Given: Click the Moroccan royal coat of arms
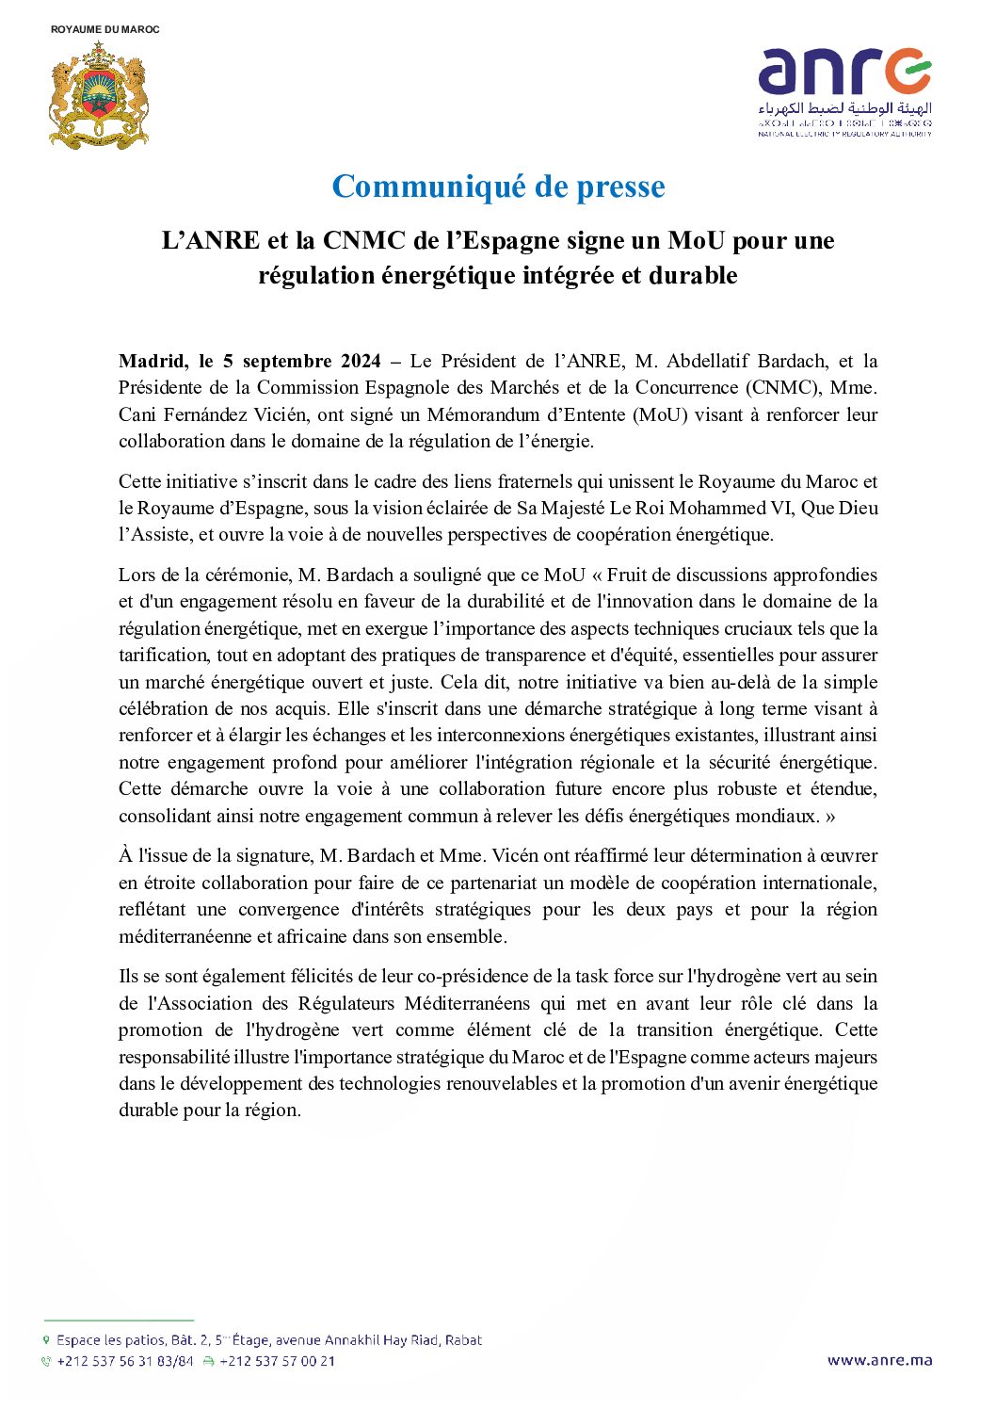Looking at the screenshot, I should [99, 95].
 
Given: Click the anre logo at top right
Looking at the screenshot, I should [844, 91].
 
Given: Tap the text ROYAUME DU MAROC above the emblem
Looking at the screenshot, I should [105, 29].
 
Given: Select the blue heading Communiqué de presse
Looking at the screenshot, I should [498, 186].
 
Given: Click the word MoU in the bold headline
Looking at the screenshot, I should [696, 241].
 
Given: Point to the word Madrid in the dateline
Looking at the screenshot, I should [151, 361].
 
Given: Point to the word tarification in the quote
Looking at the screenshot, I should [152, 655].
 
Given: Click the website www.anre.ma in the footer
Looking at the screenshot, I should [879, 1360].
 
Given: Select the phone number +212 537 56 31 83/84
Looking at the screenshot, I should [124, 1361].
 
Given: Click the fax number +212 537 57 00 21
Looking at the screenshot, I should [277, 1361].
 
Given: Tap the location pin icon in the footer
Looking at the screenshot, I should [46, 1339].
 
